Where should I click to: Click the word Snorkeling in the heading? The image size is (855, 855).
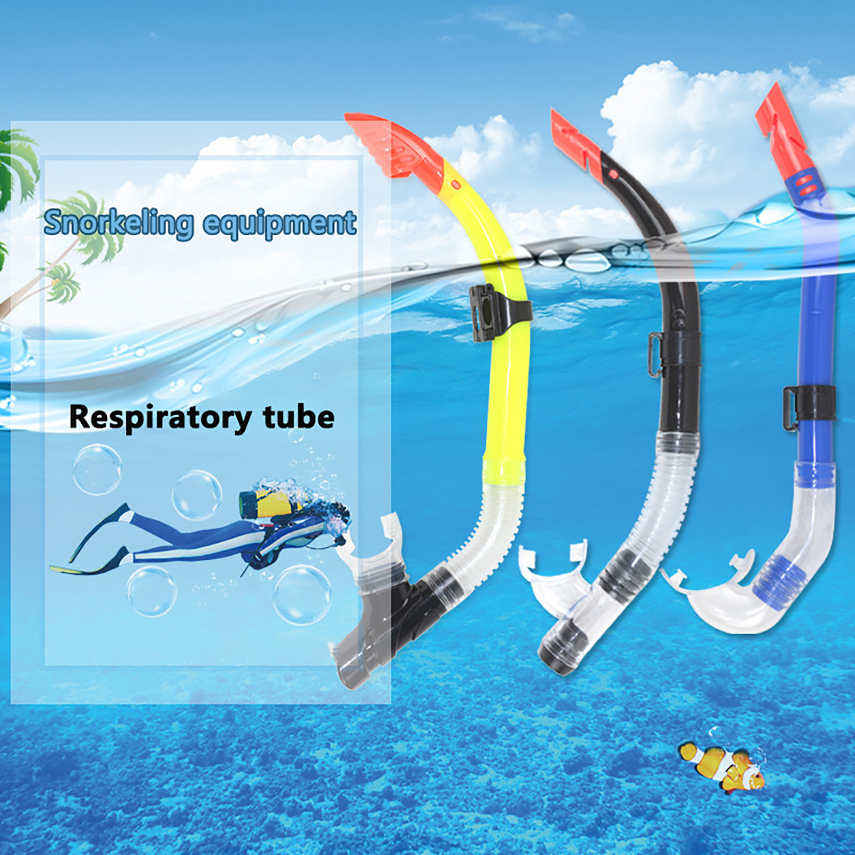118,223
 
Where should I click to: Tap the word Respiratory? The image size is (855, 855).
160,418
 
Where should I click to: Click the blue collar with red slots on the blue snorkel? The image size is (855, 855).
804,184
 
